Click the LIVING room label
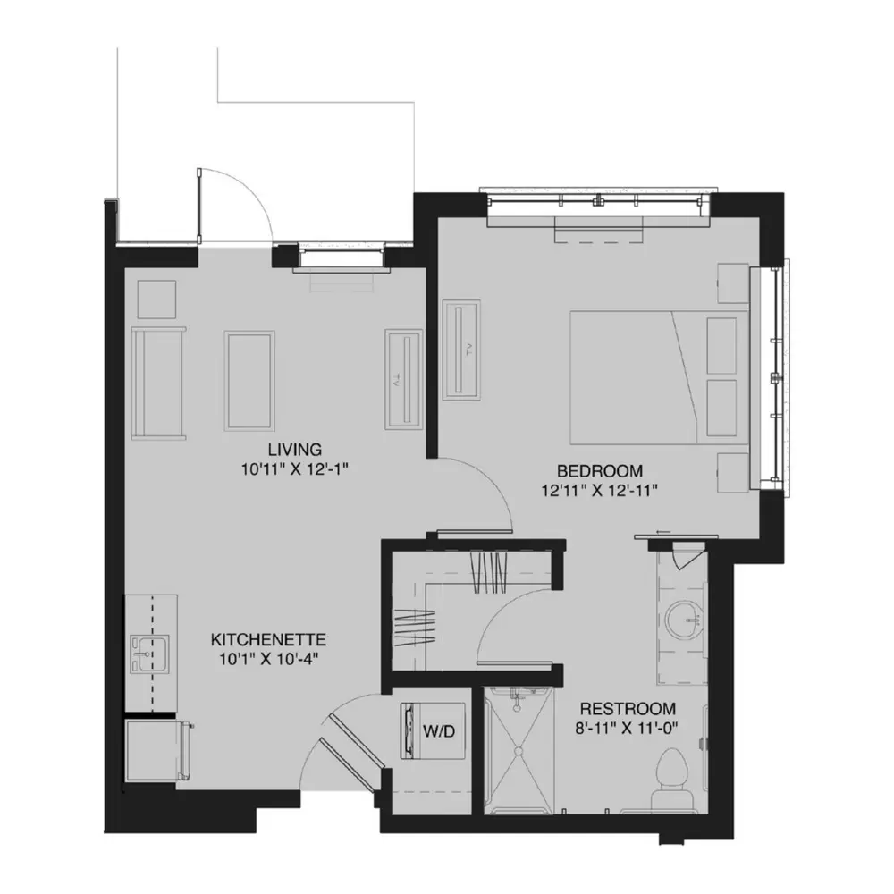pyautogui.click(x=295, y=450)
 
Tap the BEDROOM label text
pyautogui.click(x=600, y=471)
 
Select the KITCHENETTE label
pyautogui.click(x=268, y=639)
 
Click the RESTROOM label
pyautogui.click(x=628, y=709)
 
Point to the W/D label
pyautogui.click(x=439, y=731)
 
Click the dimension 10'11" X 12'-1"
pyautogui.click(x=295, y=469)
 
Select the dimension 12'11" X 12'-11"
pyautogui.click(x=600, y=491)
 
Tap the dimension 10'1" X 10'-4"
pyautogui.click(x=268, y=659)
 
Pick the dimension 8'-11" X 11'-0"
pyautogui.click(x=628, y=729)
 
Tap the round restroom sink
pyautogui.click(x=684, y=620)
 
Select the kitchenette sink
pyautogui.click(x=148, y=654)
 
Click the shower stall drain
pyautogui.click(x=518, y=750)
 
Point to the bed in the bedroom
pyautogui.click(x=659, y=377)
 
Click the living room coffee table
pyautogui.click(x=249, y=381)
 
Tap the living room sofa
pyautogui.click(x=158, y=384)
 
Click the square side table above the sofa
pyautogui.click(x=156, y=299)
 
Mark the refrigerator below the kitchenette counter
pyautogui.click(x=156, y=751)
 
